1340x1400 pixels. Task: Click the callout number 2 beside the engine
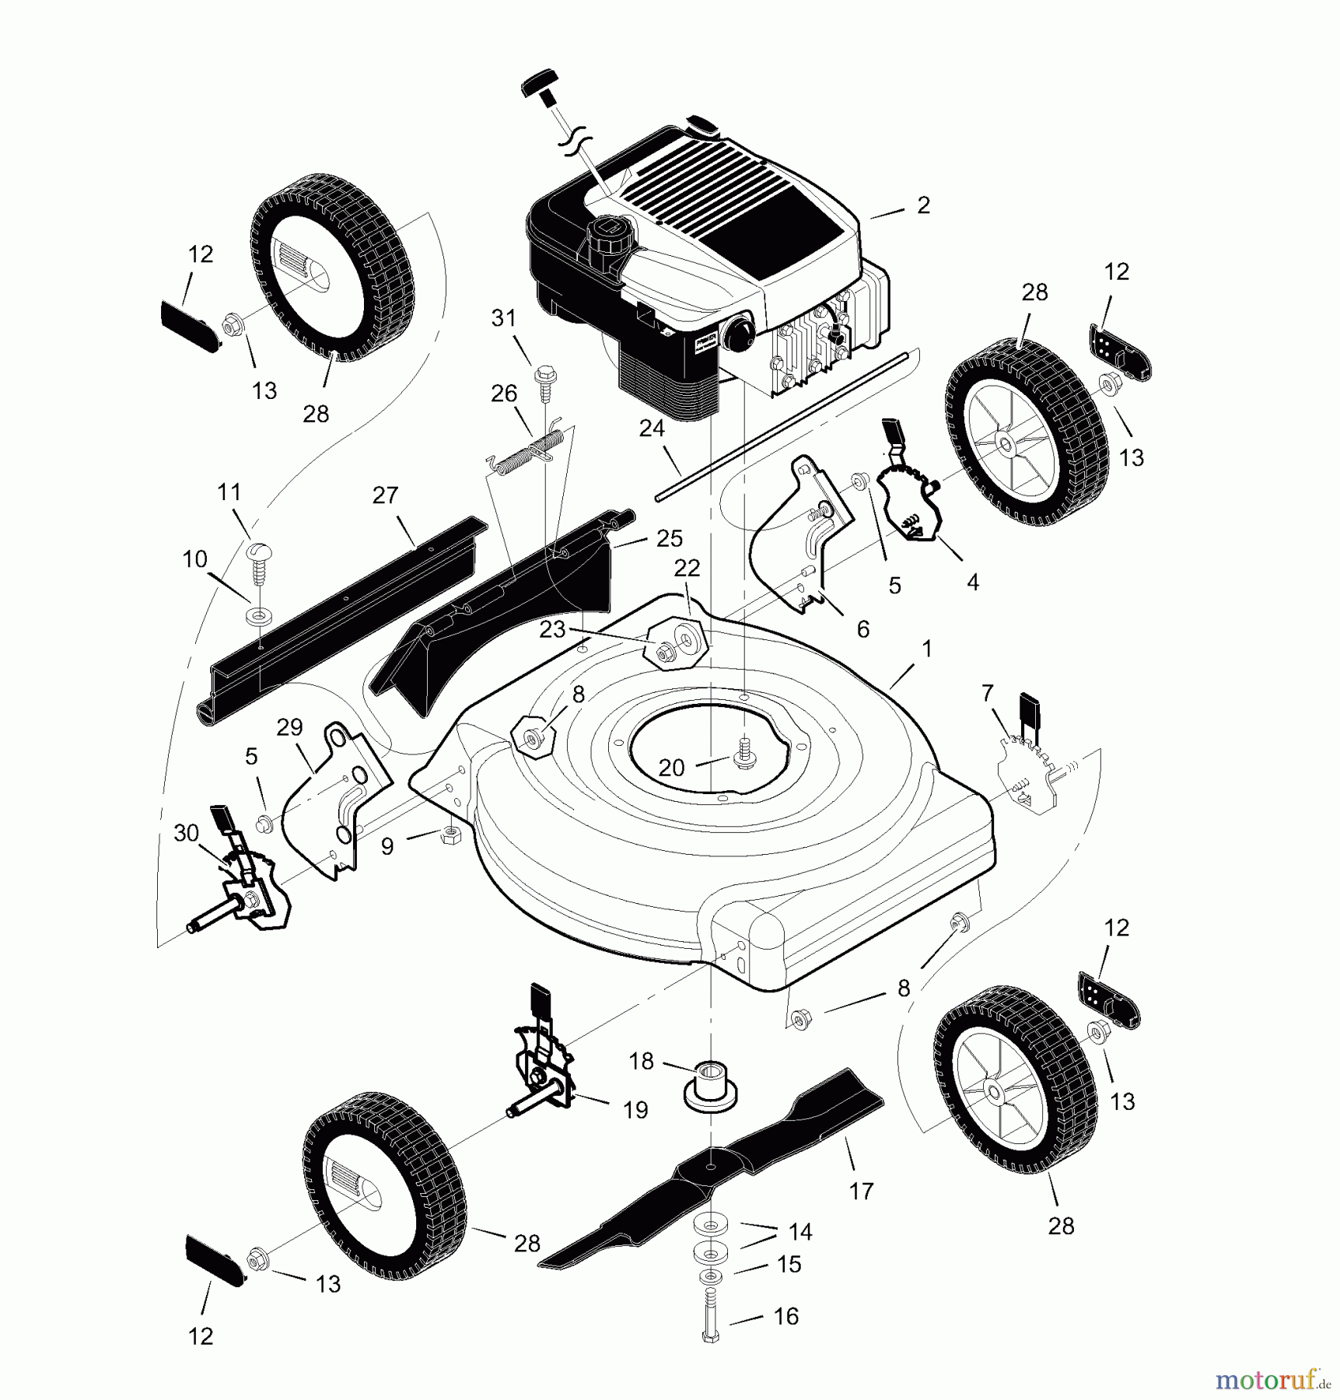tap(923, 205)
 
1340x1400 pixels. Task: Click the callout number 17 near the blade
tap(861, 1191)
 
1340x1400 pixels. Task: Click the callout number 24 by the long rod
tap(652, 429)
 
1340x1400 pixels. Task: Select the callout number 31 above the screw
tap(503, 318)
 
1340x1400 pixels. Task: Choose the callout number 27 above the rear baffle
tap(385, 495)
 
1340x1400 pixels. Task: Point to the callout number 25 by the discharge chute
tap(669, 538)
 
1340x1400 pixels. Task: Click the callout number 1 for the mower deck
tap(925, 649)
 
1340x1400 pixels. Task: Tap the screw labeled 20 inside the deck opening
tap(744, 756)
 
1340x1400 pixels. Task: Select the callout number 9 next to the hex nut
tap(387, 847)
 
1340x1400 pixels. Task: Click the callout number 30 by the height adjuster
tap(187, 833)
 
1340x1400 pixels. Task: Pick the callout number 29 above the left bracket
tap(289, 728)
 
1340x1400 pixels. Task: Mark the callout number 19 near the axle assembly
tap(635, 1110)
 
